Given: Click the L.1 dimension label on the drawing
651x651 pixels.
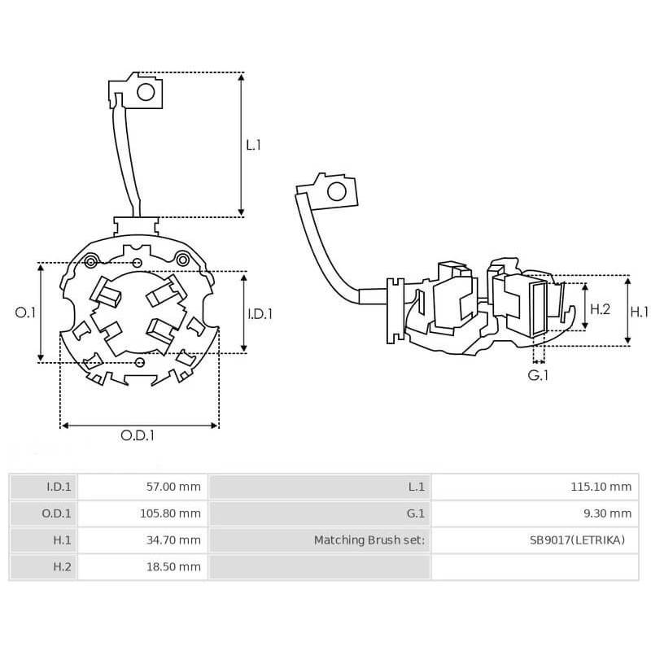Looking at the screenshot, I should [x=253, y=145].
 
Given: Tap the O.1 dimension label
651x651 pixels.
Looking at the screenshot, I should [x=26, y=312].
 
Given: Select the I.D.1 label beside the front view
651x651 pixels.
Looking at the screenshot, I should [x=260, y=313].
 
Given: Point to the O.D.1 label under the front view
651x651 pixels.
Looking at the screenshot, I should [x=138, y=435].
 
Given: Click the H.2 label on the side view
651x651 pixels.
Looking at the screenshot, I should [x=600, y=309].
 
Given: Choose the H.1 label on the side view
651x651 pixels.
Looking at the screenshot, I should [x=640, y=311].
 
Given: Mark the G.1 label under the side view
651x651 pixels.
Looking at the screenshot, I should [x=539, y=375].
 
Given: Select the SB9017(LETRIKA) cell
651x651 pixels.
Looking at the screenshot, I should [x=577, y=540].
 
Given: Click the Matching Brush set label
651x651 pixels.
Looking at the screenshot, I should [x=369, y=540].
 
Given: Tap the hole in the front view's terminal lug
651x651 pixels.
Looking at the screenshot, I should [x=146, y=91].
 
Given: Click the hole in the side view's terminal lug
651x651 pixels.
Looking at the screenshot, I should [x=334, y=192].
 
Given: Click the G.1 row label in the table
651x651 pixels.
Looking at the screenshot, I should [x=416, y=513].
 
